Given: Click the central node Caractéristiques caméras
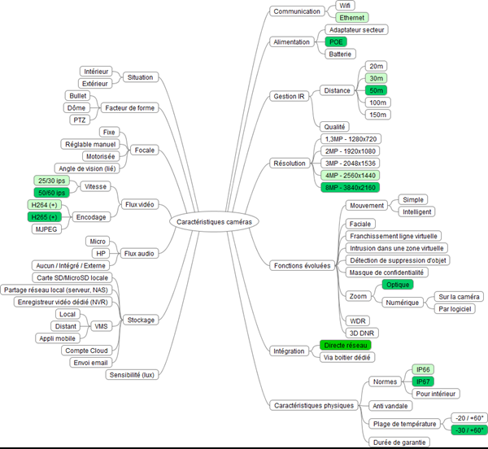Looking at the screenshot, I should coord(215,220).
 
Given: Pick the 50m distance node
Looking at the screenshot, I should coord(377,90).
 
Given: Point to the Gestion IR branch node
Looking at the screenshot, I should coord(289,96).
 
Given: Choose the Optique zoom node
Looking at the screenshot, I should coord(399,285).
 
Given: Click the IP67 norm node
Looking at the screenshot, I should coord(423,381).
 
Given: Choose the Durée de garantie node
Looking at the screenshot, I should coord(396,442).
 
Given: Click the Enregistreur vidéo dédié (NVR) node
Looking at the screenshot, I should coord(64,302).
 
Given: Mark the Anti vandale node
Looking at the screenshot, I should coord(390,405).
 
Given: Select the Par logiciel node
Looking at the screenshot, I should coord(456,309).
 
